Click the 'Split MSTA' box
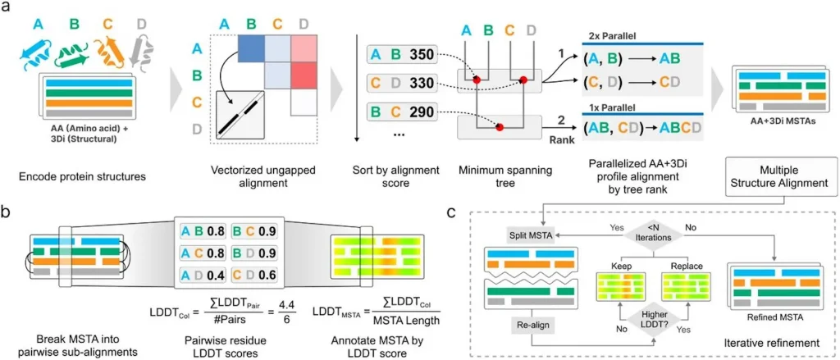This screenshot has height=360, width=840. pos(527,236)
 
